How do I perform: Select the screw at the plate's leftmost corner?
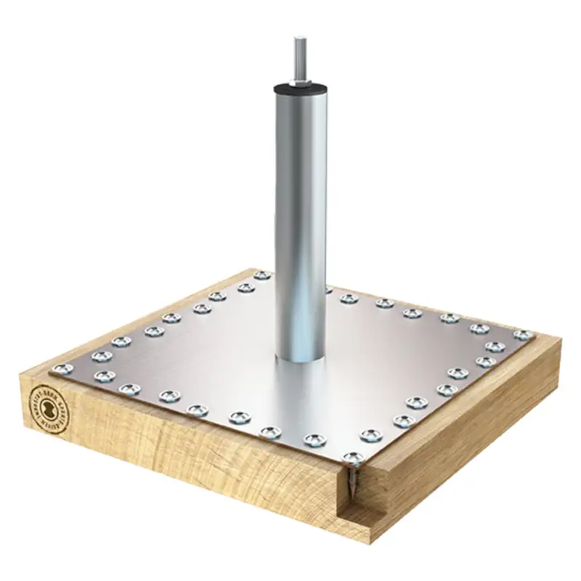tap(59, 369)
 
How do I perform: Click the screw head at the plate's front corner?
tap(354, 458)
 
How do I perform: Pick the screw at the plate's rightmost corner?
tap(521, 335)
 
